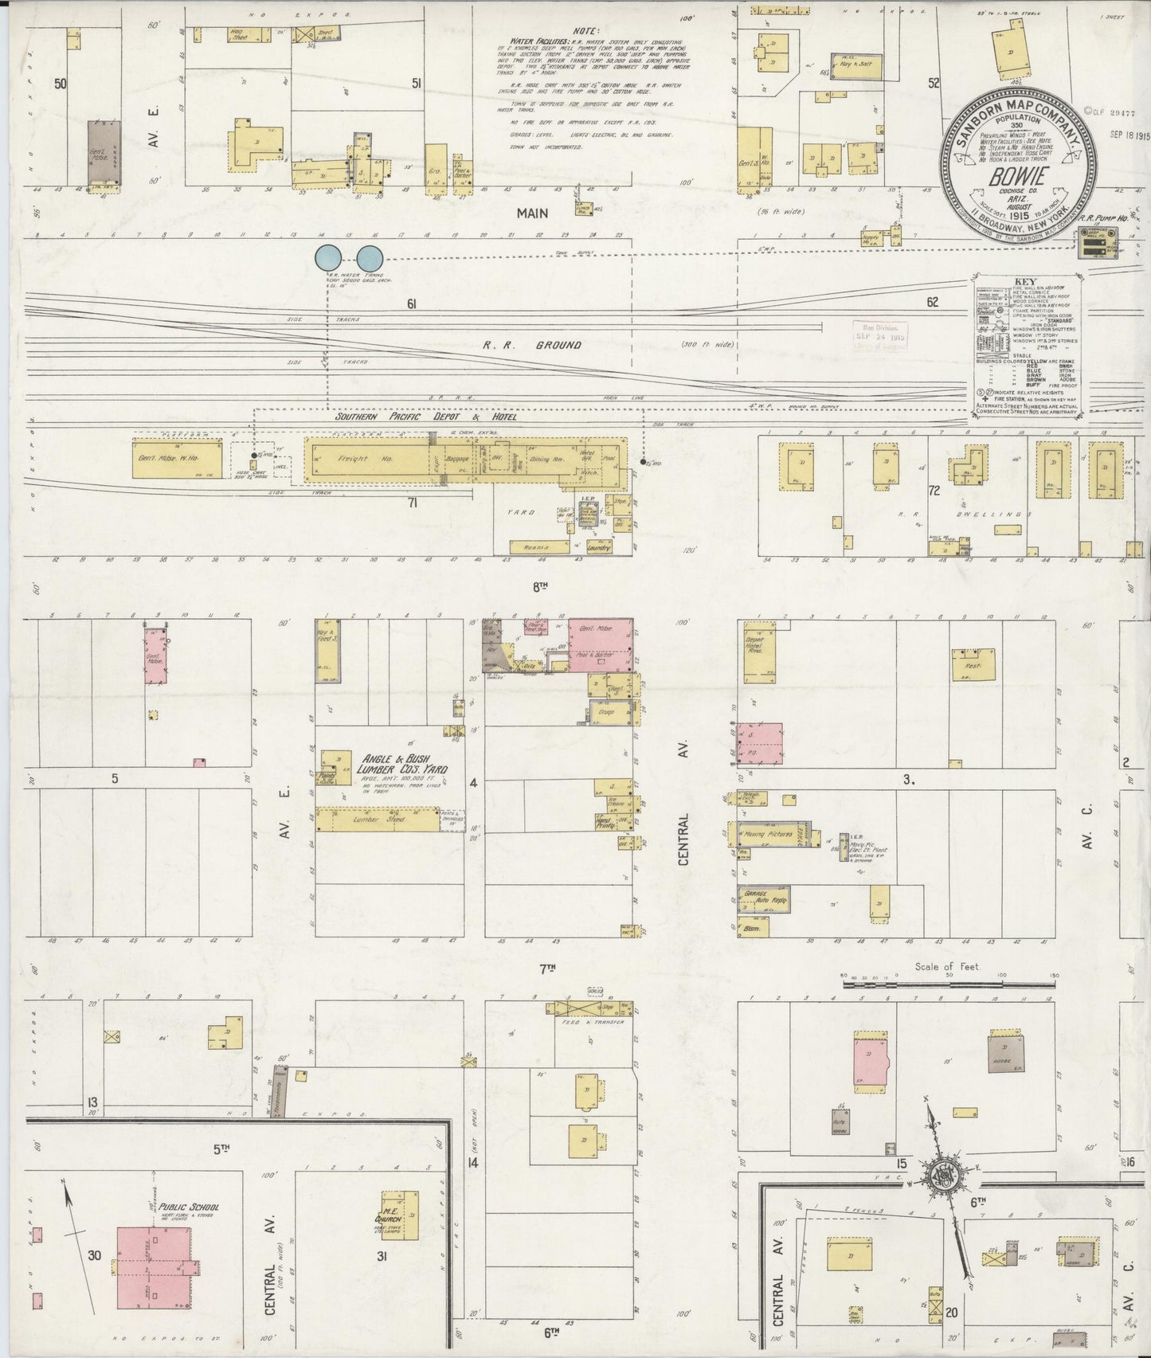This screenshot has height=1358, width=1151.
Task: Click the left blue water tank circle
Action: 328,258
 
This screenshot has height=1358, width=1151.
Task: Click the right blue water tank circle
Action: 369,258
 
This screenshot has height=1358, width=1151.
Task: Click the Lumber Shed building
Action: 378,820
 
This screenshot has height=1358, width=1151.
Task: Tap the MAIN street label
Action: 531,213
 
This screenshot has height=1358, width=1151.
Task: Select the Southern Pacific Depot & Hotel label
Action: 425,417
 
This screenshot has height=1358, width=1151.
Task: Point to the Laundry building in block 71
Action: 597,548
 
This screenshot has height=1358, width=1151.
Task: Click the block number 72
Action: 933,491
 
